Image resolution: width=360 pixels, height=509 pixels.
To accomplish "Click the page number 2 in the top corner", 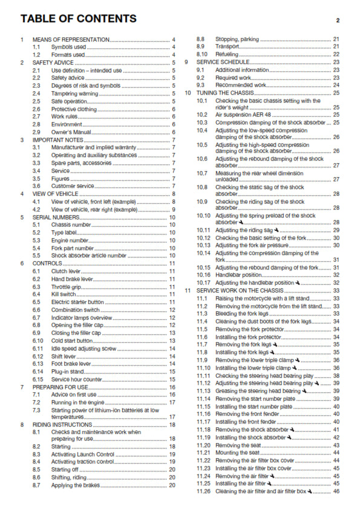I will click(x=338, y=21).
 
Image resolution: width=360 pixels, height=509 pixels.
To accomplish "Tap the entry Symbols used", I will click(x=68, y=47).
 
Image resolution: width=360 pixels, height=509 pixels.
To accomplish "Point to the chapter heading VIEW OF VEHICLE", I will click(x=55, y=193).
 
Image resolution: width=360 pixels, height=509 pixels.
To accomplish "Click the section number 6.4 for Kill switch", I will click(x=37, y=294).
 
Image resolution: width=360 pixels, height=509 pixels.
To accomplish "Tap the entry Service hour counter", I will click(x=76, y=379).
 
